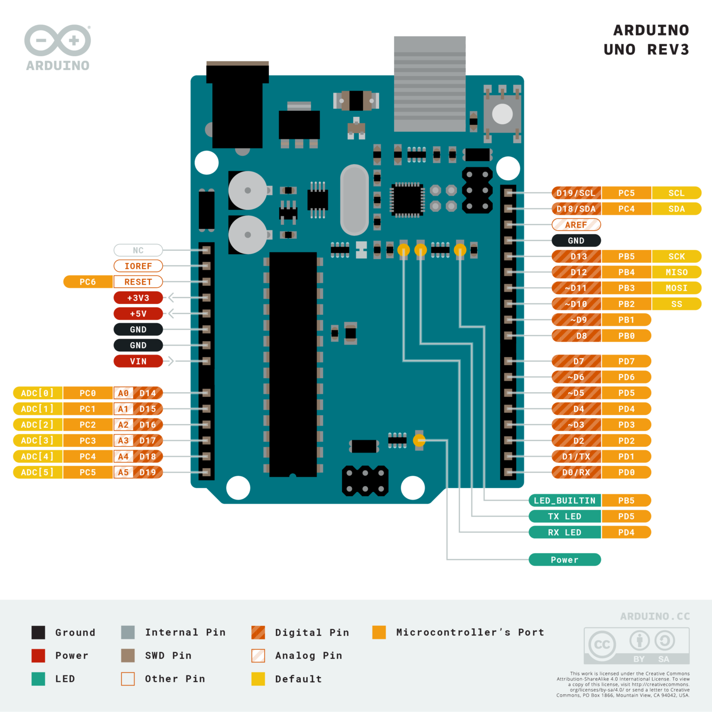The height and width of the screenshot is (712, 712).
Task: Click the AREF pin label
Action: (x=576, y=225)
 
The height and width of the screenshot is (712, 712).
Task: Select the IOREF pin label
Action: (x=138, y=266)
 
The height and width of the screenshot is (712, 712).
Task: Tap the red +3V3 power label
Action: (x=138, y=298)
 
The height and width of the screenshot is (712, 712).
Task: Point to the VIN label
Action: (x=138, y=361)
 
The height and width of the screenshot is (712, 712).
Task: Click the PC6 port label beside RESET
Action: (x=88, y=282)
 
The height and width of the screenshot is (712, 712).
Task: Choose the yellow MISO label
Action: (x=676, y=272)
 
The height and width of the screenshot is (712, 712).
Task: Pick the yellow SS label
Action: (x=676, y=304)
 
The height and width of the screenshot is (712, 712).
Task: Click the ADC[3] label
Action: (x=38, y=440)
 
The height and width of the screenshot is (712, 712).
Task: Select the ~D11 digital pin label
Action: (x=576, y=288)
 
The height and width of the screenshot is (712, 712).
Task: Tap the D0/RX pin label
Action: (x=576, y=472)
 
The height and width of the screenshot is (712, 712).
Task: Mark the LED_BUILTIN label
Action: (x=565, y=501)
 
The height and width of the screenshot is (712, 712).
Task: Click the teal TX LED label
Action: (x=565, y=516)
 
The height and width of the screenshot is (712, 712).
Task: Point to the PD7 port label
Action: (x=626, y=361)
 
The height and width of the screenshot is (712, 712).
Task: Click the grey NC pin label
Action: (x=138, y=250)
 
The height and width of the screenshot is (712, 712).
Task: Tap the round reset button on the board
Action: (x=502, y=114)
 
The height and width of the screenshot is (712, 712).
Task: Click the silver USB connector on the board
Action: (x=430, y=83)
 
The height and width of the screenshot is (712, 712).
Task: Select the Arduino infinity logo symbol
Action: (x=57, y=40)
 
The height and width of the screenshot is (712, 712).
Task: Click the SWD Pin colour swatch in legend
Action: (x=128, y=655)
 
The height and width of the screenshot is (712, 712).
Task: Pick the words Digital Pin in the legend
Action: (x=312, y=632)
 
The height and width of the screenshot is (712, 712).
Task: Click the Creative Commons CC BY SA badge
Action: (x=636, y=646)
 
